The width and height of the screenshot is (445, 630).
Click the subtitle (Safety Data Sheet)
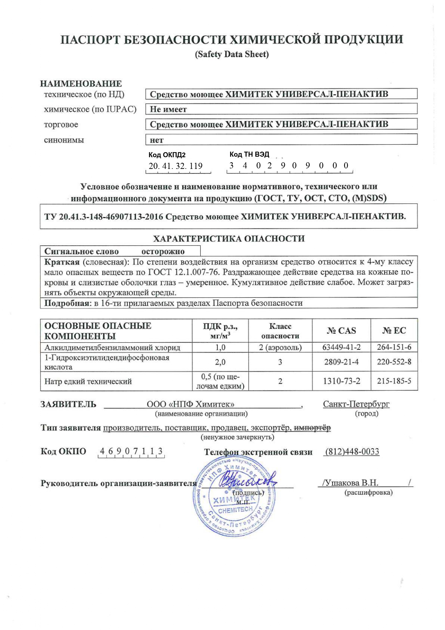coord(231,54)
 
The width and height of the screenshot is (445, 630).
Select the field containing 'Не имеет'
coord(281,109)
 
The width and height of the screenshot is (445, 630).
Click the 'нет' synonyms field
coord(281,139)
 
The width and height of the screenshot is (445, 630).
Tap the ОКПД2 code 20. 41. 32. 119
coord(175,166)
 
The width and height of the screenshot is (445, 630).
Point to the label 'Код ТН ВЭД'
coord(249,154)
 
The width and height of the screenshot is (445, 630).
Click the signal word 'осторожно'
coord(163,251)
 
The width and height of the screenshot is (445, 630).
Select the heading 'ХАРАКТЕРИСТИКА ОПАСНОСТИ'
coord(229,238)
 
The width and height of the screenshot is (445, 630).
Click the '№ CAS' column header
coord(341,331)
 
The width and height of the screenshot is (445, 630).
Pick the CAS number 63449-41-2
coord(341,347)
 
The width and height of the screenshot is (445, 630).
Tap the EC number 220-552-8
coord(394,362)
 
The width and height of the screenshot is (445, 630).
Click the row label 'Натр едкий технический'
coord(88,381)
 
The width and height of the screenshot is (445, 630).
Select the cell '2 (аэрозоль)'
coord(280,347)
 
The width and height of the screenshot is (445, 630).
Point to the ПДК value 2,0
coord(220,362)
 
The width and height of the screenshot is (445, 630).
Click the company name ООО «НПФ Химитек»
coord(190,404)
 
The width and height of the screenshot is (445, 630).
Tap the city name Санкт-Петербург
coord(356,404)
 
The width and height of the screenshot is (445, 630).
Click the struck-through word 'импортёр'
coord(312,428)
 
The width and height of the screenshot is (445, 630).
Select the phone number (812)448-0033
coord(352,452)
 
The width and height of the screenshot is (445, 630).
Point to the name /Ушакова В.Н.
coord(350,483)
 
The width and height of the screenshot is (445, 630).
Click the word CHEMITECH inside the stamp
coord(235,510)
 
